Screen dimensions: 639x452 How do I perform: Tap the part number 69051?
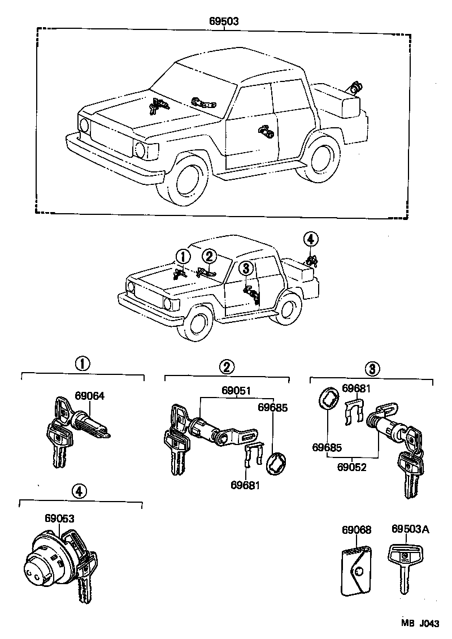[x=236, y=390]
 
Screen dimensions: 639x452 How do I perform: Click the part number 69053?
[x=59, y=518]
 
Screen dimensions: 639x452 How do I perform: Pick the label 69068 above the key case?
[x=357, y=530]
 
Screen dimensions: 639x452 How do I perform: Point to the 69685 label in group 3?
[x=326, y=447]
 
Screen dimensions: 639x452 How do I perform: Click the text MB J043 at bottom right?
[x=420, y=623]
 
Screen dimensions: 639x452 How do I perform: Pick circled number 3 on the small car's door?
[x=246, y=269]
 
